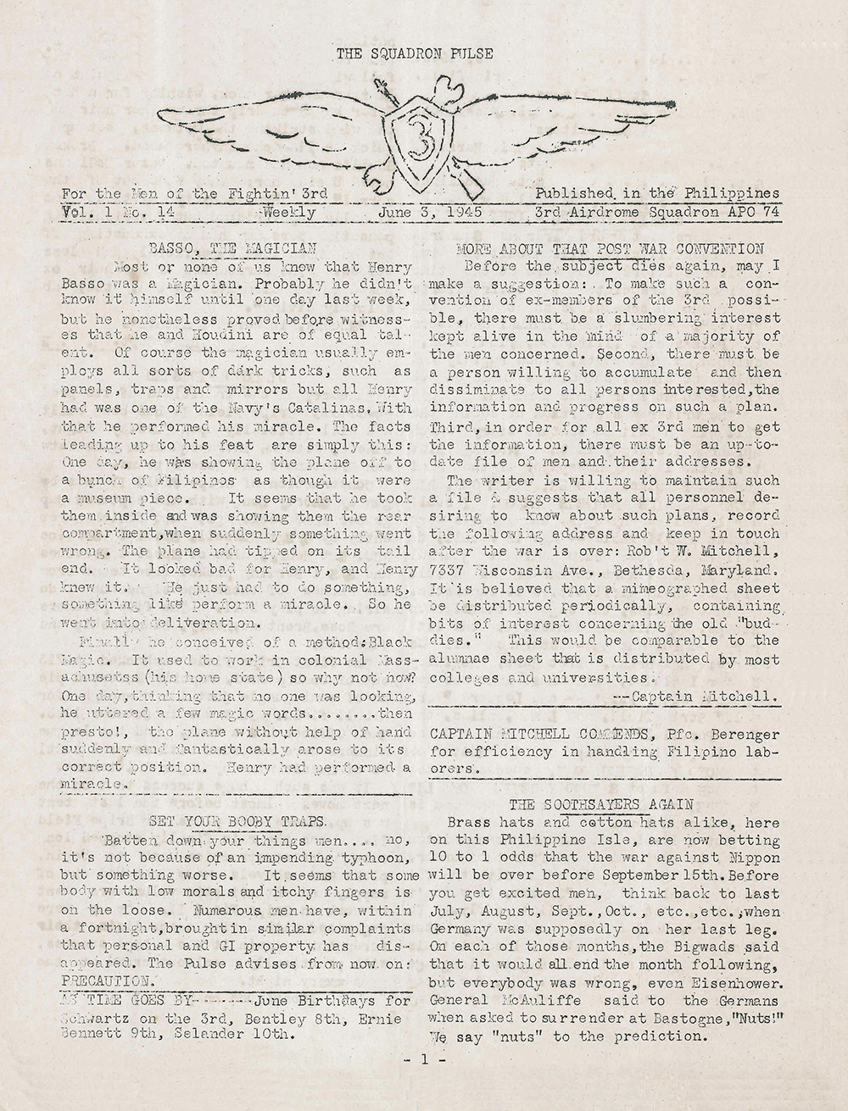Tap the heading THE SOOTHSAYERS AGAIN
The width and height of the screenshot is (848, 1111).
601,803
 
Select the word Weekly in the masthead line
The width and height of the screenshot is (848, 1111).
289,212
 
